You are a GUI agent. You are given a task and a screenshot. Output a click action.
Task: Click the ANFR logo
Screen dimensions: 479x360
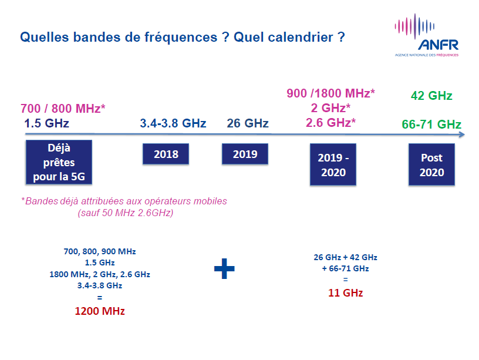[427, 35]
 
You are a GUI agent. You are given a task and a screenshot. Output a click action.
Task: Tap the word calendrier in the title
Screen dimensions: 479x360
[301, 37]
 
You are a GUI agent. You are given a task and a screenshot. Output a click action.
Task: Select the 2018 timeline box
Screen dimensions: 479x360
[166, 154]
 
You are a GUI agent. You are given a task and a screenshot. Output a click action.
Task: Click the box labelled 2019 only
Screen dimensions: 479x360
[245, 154]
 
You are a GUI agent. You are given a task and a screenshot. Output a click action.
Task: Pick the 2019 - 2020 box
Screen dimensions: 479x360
[333, 164]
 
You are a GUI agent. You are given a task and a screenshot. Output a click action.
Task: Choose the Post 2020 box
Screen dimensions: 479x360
[431, 164]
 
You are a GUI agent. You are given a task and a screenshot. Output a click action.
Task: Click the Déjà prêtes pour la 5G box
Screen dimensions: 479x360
[59, 162]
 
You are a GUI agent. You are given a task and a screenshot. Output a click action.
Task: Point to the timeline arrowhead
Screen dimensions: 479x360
[462, 134]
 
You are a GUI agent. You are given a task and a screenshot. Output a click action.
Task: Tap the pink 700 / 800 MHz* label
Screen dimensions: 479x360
[63, 109]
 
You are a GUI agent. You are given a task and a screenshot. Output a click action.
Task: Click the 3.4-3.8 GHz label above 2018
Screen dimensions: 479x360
[173, 123]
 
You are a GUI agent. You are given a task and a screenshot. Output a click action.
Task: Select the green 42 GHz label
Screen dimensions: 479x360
[431, 96]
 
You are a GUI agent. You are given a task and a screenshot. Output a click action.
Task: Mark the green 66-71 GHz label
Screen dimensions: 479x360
[431, 125]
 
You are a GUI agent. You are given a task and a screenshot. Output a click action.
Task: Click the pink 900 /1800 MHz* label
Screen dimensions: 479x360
[330, 93]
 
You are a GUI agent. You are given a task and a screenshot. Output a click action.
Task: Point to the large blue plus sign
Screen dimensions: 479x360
[224, 268]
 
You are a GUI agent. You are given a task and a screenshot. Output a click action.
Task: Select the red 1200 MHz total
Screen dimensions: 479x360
[100, 311]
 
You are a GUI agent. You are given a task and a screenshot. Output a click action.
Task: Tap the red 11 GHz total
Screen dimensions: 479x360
[346, 293]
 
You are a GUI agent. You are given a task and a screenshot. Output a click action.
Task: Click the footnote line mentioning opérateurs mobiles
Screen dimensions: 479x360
[124, 201]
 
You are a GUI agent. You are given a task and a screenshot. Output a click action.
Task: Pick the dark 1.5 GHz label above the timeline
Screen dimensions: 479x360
[47, 123]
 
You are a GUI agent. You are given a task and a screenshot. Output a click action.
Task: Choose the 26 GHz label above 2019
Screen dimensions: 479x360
[248, 123]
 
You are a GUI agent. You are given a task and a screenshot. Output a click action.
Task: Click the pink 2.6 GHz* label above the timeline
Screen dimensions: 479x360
[331, 123]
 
